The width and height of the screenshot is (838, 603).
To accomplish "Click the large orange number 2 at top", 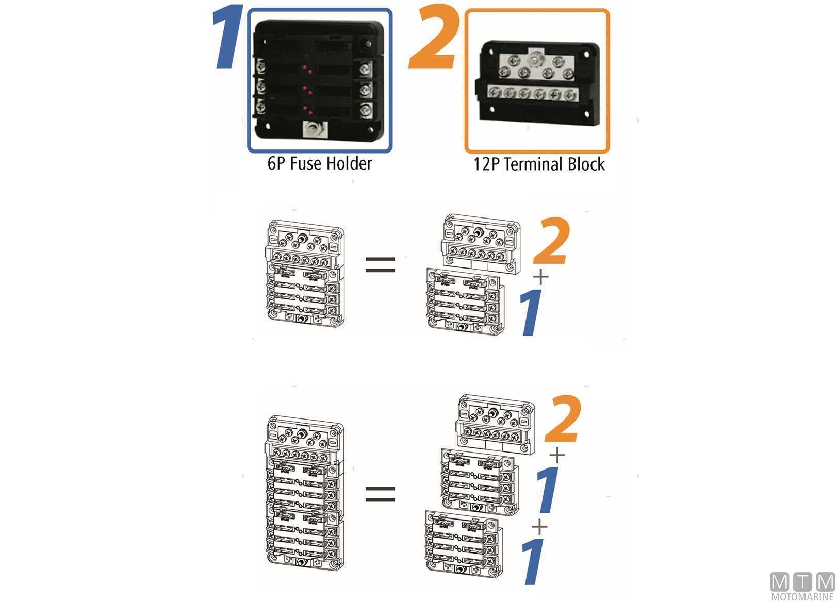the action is click(x=433, y=36).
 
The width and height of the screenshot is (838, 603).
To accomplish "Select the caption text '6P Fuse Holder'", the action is click(x=320, y=164).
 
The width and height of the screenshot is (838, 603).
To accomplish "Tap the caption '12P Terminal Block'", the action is click(x=539, y=164).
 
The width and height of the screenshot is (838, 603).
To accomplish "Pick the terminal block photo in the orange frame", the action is click(x=537, y=83).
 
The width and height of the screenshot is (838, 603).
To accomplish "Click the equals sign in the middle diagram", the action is click(x=380, y=265).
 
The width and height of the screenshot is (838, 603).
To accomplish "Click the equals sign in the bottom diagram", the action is click(x=380, y=494).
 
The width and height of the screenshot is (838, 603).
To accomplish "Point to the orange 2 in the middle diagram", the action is click(x=552, y=241).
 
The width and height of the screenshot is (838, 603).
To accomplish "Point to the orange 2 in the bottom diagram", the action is click(x=563, y=418).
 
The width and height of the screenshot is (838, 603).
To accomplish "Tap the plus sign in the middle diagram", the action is click(x=540, y=277).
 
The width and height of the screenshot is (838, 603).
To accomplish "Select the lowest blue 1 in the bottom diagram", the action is click(x=533, y=561).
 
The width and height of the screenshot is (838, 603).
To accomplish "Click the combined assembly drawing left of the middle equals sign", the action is click(x=305, y=274).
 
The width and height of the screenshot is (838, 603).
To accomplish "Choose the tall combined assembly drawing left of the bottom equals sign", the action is click(x=304, y=492).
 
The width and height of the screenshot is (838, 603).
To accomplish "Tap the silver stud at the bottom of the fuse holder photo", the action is click(x=314, y=131).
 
